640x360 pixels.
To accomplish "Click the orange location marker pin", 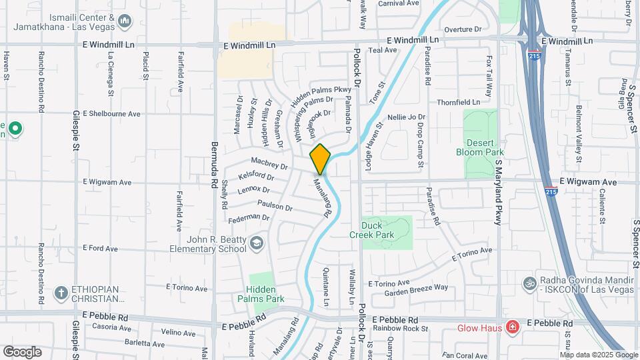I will coord(320,159).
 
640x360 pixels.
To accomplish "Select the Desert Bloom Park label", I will coord(479,147).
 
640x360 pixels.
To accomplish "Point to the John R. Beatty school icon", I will coord(257,245).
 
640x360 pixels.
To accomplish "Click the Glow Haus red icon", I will coord(511,327).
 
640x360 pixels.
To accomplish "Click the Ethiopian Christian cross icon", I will coord(61,293).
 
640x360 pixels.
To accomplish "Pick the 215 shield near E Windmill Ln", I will coord(533,51).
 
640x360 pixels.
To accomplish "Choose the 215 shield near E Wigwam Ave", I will coord(551,191).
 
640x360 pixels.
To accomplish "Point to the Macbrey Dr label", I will coord(269,163).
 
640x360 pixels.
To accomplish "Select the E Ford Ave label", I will coord(101,248).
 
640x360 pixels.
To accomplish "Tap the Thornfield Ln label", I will coord(458,103).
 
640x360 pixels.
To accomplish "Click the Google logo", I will coord(22,351).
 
